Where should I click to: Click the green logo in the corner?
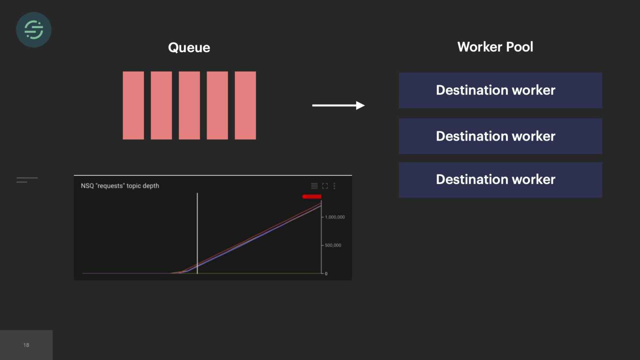(34, 30)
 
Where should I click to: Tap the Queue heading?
(189, 48)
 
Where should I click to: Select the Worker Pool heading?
(495, 47)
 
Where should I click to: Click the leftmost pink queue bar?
(133, 106)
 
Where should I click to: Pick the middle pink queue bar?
(189, 106)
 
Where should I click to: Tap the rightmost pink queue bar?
(245, 106)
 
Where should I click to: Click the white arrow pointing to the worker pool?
(339, 106)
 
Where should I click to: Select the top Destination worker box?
(501, 90)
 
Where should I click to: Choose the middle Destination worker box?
(501, 136)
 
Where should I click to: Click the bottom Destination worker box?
(501, 180)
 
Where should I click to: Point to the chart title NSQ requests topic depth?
(120, 186)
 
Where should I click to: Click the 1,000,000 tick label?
(335, 217)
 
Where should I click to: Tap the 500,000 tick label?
(333, 245)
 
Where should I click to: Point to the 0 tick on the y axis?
(326, 274)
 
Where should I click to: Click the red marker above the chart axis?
(312, 197)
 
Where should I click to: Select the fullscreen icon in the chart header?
(325, 186)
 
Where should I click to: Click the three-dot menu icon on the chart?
(334, 186)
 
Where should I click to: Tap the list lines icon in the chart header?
(314, 186)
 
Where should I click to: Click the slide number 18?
(26, 345)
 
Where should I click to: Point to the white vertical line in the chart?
(197, 234)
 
